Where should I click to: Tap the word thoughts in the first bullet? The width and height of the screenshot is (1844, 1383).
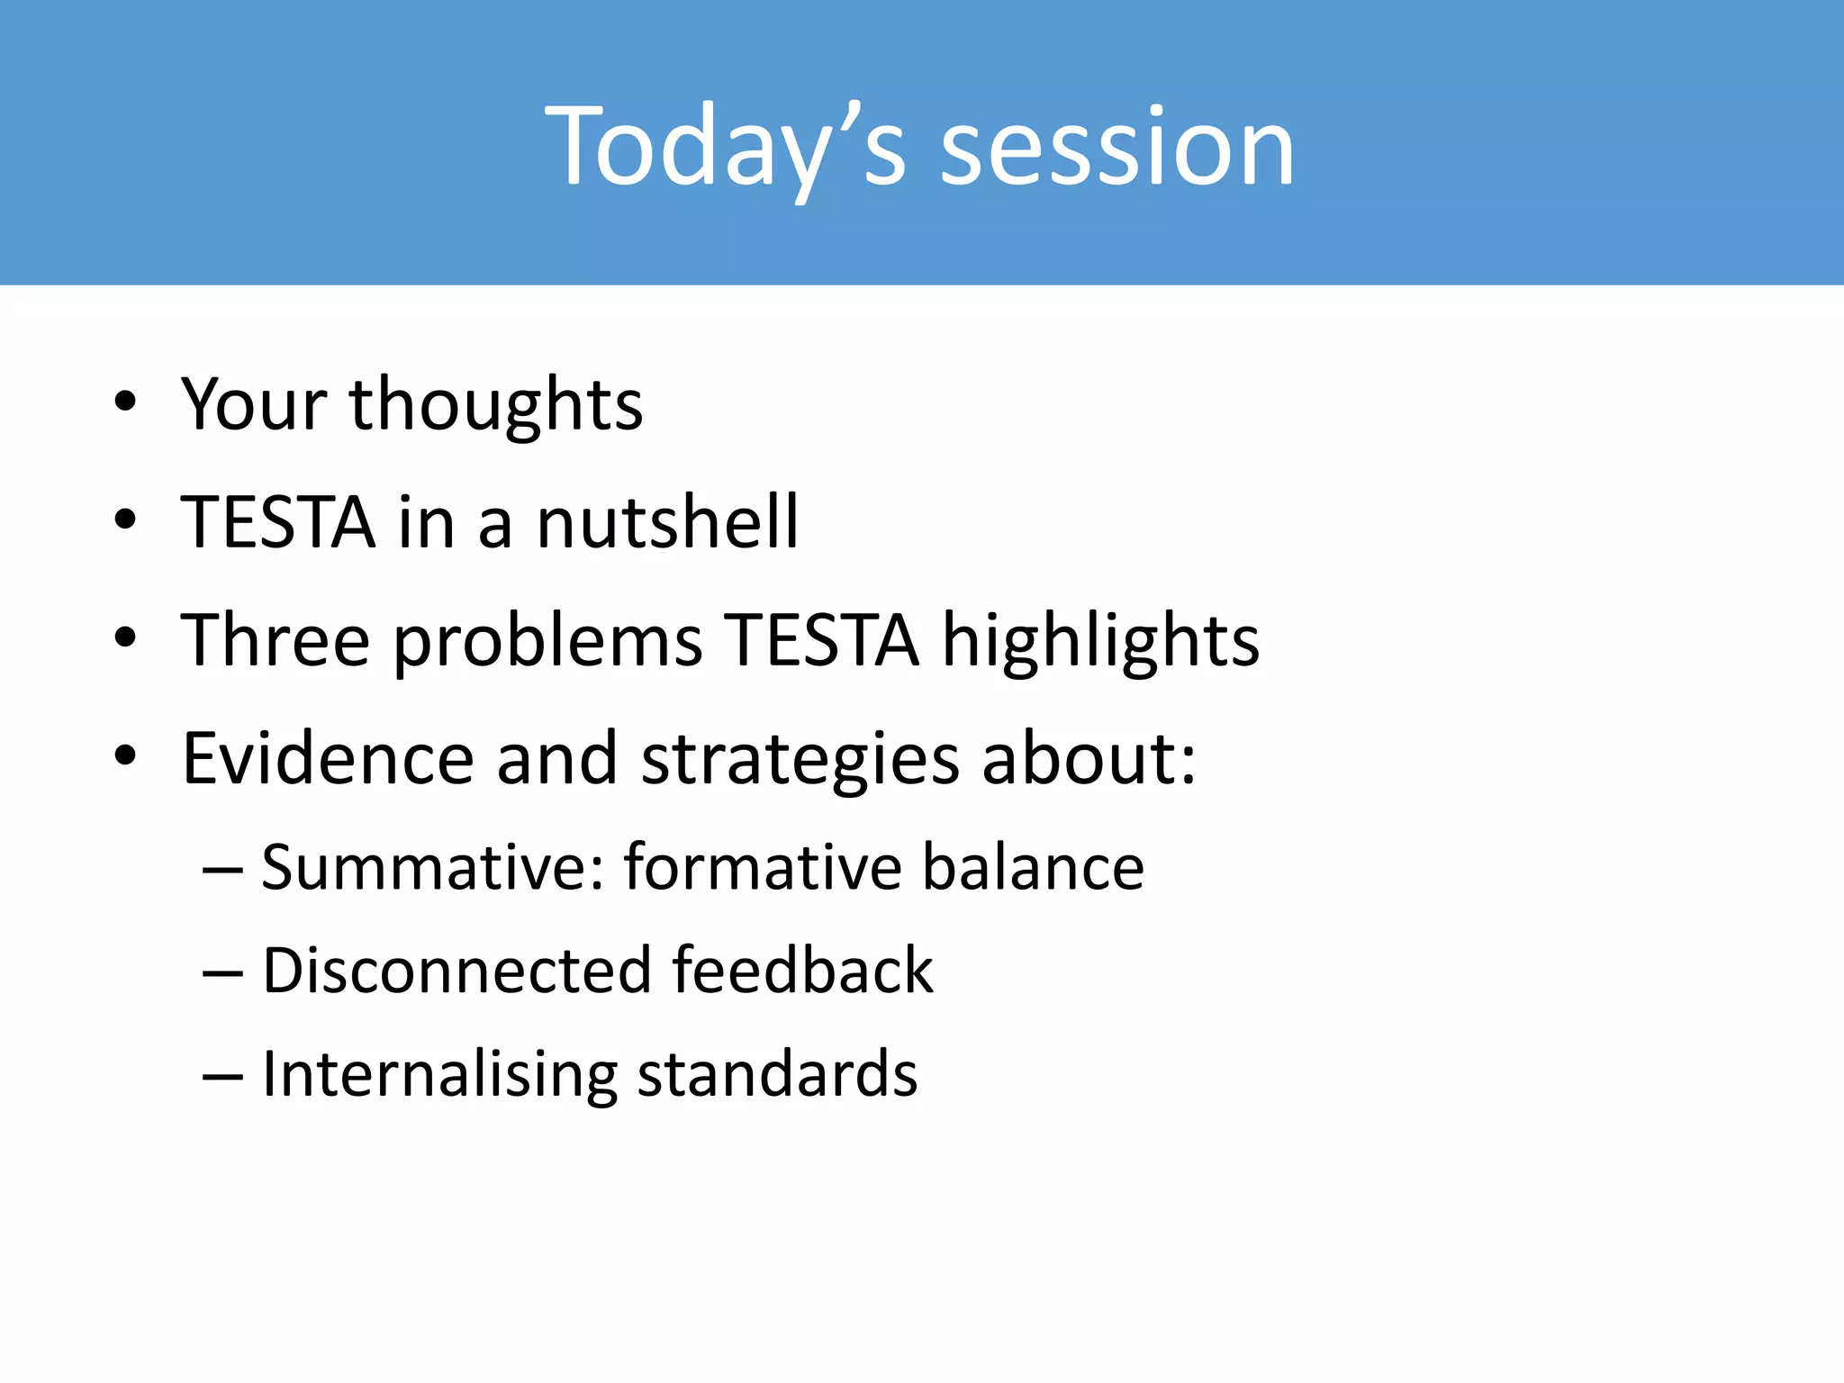(x=496, y=404)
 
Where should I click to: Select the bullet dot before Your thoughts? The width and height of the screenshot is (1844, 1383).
(x=125, y=402)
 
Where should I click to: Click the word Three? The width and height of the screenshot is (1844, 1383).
(x=276, y=640)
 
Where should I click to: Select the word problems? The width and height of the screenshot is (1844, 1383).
(x=547, y=642)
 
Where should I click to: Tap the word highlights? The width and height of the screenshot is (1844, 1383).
(x=1100, y=642)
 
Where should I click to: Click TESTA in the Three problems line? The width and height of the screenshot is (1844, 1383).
(x=822, y=640)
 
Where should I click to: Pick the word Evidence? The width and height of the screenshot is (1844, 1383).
(x=328, y=758)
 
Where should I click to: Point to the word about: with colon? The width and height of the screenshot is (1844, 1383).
(x=1089, y=758)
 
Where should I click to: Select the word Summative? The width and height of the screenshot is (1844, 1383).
(x=433, y=867)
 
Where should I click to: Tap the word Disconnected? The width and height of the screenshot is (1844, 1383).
(x=456, y=971)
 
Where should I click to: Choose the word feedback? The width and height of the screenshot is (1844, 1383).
(x=802, y=971)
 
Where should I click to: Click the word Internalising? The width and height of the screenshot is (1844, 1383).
(x=439, y=1074)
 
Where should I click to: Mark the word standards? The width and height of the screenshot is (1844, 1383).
(x=777, y=1074)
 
